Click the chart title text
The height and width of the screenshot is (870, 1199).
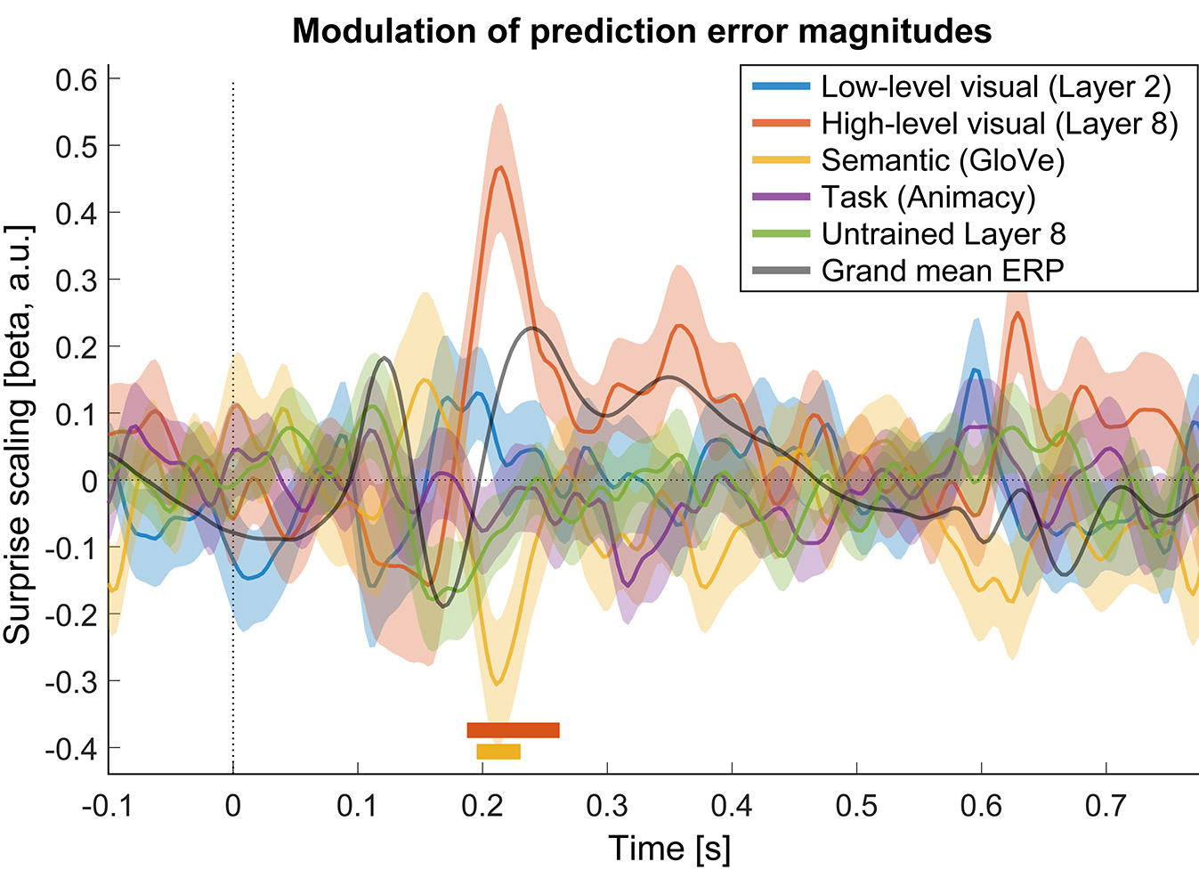pos(642,31)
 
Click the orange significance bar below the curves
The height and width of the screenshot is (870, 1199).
pos(513,730)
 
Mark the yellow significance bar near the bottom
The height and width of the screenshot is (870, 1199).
pos(498,752)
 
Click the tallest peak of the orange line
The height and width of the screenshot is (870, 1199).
pos(501,167)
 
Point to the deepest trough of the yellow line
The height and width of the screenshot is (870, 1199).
pos(498,683)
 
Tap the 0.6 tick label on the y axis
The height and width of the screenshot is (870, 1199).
pos(76,79)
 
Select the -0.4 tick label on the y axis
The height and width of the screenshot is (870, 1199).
pos(71,748)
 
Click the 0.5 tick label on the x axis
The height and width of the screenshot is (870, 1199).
pos(856,806)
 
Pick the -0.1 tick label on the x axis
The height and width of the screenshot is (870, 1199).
pos(107,806)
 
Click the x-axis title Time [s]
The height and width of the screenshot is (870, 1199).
pos(668,848)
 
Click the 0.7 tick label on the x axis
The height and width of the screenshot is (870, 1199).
pos(1106,806)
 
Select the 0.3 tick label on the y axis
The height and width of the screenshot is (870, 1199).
pos(76,280)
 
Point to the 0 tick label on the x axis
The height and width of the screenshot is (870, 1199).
pos(233,806)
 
